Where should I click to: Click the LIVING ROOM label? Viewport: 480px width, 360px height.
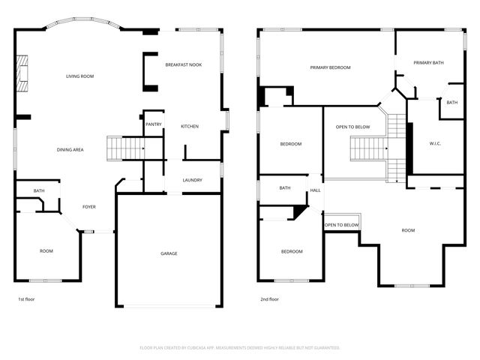point(79,76)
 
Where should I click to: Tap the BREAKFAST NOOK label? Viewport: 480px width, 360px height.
point(184,65)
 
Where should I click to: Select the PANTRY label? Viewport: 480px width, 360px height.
point(154,124)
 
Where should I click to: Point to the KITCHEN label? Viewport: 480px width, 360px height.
point(190,126)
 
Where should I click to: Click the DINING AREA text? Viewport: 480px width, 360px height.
point(70,150)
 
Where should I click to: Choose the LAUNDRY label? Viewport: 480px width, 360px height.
point(192,180)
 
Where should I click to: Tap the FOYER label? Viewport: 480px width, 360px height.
point(88,207)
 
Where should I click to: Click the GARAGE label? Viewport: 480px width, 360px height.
point(169,253)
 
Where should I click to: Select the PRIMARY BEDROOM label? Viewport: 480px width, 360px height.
point(330,67)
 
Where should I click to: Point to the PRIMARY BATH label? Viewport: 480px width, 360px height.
point(428,63)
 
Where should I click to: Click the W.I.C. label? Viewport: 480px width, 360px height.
point(435,143)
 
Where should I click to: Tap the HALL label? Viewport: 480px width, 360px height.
point(316,190)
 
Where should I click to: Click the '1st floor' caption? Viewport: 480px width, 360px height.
point(26,299)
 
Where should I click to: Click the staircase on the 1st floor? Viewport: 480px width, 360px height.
point(124,148)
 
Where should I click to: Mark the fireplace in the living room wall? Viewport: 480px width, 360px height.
point(24,74)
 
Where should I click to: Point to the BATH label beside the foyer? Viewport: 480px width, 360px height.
point(38,191)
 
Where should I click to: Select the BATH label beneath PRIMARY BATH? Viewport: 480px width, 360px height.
point(451,103)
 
